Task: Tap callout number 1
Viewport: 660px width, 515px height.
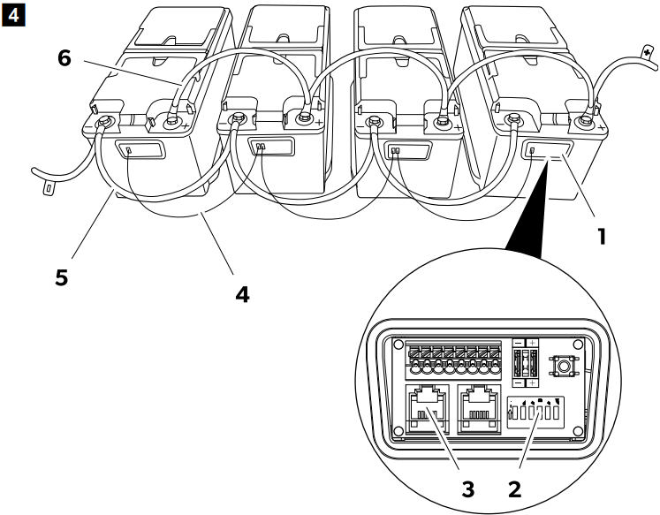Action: click(x=603, y=238)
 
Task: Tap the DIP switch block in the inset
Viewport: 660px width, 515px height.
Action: click(x=541, y=412)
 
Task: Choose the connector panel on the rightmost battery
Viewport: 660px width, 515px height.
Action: click(x=546, y=150)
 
